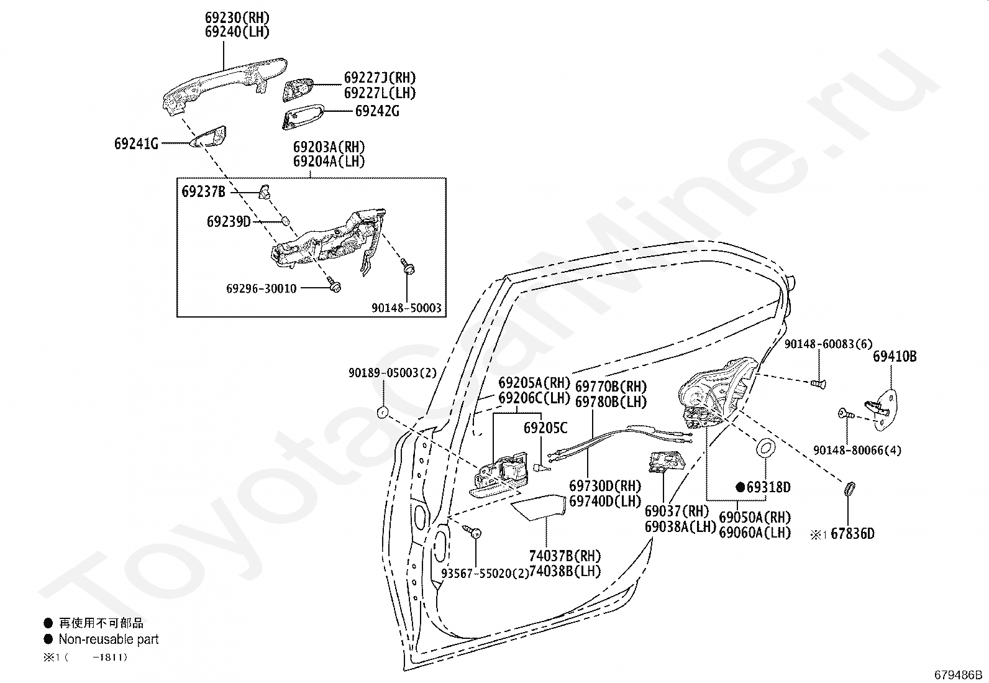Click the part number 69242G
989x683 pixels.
coord(377,112)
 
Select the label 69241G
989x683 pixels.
coord(136,144)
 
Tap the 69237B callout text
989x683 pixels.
coord(203,191)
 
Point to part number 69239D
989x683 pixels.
coord(229,221)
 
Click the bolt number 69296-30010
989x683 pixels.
coord(261,288)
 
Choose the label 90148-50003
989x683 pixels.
coord(406,308)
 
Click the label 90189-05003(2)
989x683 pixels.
coord(393,373)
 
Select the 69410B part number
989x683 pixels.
coord(895,357)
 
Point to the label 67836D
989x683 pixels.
coord(852,534)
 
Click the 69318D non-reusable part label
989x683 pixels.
coord(768,487)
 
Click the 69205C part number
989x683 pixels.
coord(545,428)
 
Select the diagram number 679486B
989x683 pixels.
coord(958,674)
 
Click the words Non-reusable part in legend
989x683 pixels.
coord(109,639)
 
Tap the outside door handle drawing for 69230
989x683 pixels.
coord(224,81)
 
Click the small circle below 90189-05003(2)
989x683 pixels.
coord(383,412)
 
